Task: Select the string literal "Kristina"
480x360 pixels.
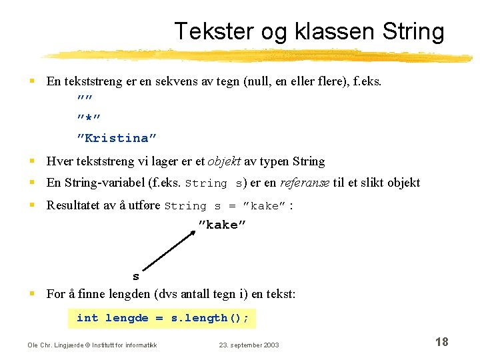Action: pyautogui.click(x=117, y=138)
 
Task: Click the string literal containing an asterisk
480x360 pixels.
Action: pyautogui.click(x=89, y=119)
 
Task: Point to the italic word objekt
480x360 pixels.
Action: pyautogui.click(x=224, y=161)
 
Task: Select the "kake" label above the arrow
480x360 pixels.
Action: pyautogui.click(x=222, y=225)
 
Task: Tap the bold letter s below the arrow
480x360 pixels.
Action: pyautogui.click(x=136, y=277)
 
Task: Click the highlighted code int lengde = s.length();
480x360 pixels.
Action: pyautogui.click(x=162, y=318)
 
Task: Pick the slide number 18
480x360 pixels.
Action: pyautogui.click(x=441, y=342)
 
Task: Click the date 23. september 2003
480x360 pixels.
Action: pyautogui.click(x=249, y=345)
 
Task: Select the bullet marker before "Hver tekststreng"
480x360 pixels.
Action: pyautogui.click(x=31, y=161)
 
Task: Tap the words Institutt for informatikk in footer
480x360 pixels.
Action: pyautogui.click(x=133, y=345)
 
